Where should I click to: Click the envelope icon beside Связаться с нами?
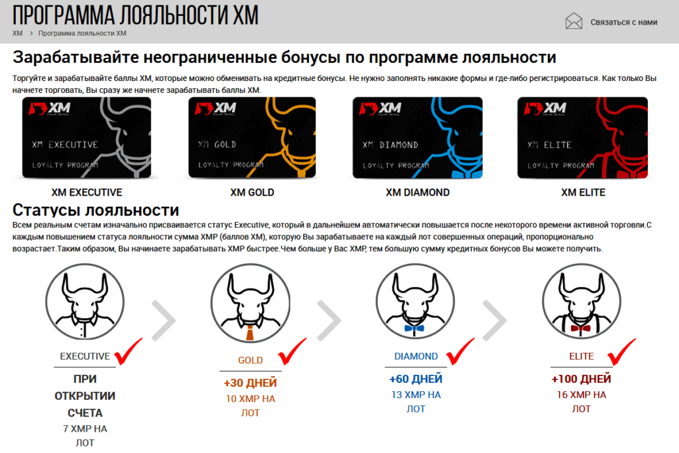[574, 22]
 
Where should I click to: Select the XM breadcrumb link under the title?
[17, 33]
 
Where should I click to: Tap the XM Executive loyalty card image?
[87, 138]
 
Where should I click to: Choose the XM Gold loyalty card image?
[253, 138]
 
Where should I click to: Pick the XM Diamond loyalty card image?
[418, 138]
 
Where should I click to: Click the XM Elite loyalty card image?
[583, 138]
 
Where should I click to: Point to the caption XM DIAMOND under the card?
[418, 193]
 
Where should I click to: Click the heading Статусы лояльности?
[96, 210]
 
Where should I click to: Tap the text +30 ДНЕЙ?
[250, 383]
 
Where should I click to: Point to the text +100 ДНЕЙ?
[581, 379]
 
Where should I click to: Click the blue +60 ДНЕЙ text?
[416, 379]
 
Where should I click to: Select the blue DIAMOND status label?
[416, 356]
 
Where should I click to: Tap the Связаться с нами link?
[624, 22]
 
